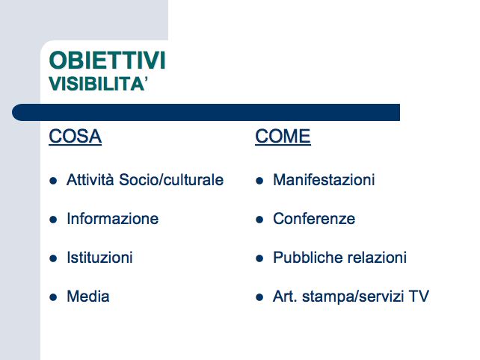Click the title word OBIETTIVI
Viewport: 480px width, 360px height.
107,60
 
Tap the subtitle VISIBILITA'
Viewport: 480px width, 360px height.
98,84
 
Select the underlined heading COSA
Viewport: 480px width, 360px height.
75,137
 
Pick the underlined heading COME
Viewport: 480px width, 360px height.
283,137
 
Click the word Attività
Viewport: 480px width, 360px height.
90,179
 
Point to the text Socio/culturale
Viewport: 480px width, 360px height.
171,179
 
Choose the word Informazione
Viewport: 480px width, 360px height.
113,219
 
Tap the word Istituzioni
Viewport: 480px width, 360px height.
99,258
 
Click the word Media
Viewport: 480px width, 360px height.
88,297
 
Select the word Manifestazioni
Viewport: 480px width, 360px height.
324,179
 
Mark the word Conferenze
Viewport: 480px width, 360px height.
314,219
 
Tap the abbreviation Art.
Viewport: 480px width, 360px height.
285,297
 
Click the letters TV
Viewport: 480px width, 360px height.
419,297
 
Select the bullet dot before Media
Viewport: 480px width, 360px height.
53,297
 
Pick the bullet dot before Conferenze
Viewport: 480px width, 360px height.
259,220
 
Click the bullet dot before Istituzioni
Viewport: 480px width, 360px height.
53,258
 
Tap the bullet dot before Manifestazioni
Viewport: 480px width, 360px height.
259,181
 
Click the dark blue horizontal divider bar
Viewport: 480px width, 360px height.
206,112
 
